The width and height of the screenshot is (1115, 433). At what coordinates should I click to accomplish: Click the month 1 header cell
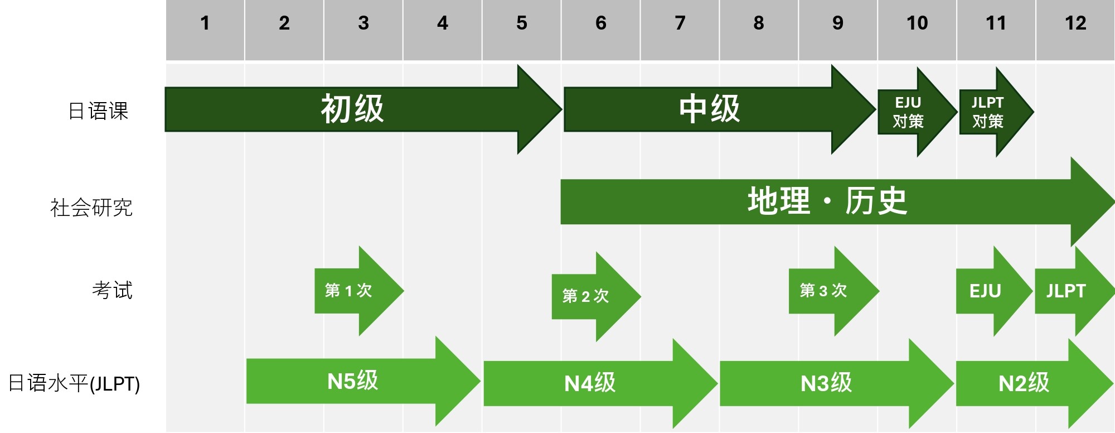[205, 23]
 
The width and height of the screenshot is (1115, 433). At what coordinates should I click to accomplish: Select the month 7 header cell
[680, 23]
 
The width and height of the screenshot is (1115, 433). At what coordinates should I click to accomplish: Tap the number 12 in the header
[1075, 23]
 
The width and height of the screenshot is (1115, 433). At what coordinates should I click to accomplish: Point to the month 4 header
[442, 23]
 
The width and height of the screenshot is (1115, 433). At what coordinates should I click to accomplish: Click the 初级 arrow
[352, 109]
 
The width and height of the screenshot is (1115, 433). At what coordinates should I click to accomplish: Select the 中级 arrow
[709, 109]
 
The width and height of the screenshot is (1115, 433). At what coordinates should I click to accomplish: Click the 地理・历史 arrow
[827, 201]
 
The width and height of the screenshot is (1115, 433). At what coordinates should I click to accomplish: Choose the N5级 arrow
[353, 382]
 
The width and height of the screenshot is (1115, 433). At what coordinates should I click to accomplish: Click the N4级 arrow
[590, 383]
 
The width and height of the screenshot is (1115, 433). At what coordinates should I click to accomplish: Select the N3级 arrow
[826, 383]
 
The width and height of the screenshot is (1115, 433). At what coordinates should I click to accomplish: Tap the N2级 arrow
[1024, 383]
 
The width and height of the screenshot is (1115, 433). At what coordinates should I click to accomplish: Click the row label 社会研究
[91, 208]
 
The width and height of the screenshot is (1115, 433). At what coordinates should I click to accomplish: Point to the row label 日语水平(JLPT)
[74, 383]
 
